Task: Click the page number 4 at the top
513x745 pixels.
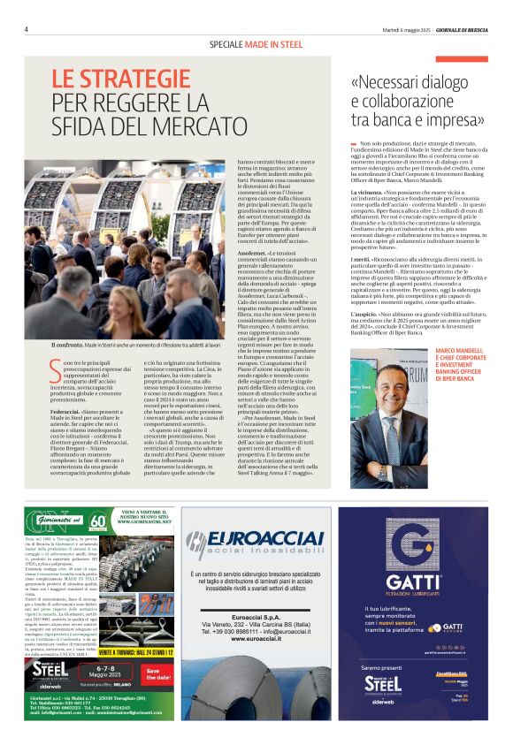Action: (26, 28)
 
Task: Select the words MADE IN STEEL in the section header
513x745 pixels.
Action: (269, 44)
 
